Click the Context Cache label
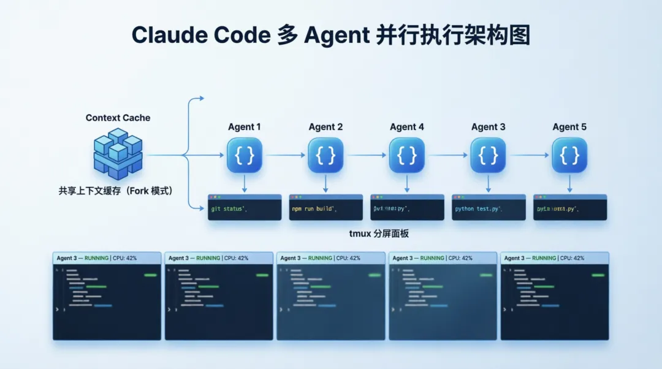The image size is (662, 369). click(118, 118)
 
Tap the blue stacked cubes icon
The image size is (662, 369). click(118, 153)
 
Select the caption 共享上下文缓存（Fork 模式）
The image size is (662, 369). click(116, 191)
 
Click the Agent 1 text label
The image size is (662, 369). click(245, 127)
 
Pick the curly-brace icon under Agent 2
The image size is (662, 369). click(325, 155)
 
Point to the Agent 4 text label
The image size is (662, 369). click(407, 127)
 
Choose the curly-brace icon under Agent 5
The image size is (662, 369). click(569, 155)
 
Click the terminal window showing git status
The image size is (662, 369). click(245, 208)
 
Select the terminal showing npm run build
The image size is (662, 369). click(325, 208)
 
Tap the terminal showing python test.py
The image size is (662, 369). click(489, 208)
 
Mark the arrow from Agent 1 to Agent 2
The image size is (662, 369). click(285, 155)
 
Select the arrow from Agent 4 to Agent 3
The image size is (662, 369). click(447, 155)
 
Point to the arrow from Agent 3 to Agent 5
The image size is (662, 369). click(529, 155)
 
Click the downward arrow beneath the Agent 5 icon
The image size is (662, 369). click(569, 183)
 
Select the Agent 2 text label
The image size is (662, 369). click(325, 127)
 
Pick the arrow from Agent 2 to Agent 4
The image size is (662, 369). click(366, 155)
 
